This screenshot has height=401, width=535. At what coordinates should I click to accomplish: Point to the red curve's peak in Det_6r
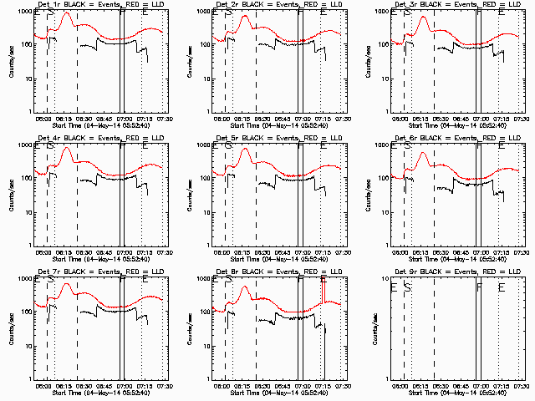pos(422,154)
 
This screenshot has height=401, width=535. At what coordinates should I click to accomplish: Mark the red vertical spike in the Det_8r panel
pos(324,288)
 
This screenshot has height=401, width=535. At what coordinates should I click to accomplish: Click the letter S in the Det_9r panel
pos(407,287)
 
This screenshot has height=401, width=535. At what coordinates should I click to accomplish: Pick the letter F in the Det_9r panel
pos(479,287)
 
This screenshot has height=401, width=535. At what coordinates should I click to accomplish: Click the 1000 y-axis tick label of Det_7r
pos(23,279)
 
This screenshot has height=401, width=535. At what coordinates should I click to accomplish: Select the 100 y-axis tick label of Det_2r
pos(203,45)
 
